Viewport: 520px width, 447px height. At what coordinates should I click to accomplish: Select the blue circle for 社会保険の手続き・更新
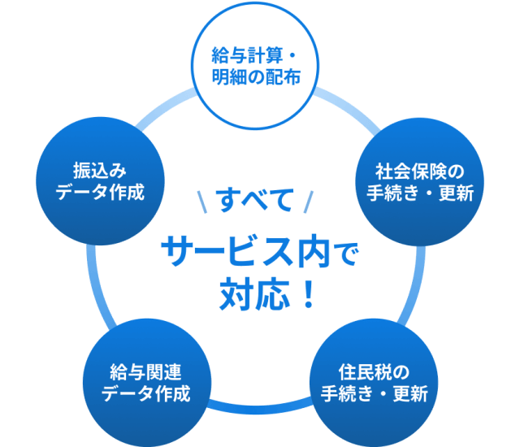[x=419, y=184]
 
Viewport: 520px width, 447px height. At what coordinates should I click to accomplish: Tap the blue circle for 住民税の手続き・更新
[x=374, y=383]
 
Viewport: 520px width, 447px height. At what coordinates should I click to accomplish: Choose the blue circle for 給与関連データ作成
[x=145, y=383]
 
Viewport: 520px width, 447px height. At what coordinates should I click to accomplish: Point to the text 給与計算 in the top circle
[x=245, y=56]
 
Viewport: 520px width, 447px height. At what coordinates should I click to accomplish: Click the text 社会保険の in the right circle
[x=419, y=173]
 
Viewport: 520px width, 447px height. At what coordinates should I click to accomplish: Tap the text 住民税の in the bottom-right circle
[x=374, y=372]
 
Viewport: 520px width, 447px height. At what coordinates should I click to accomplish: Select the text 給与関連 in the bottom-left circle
[x=145, y=372]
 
